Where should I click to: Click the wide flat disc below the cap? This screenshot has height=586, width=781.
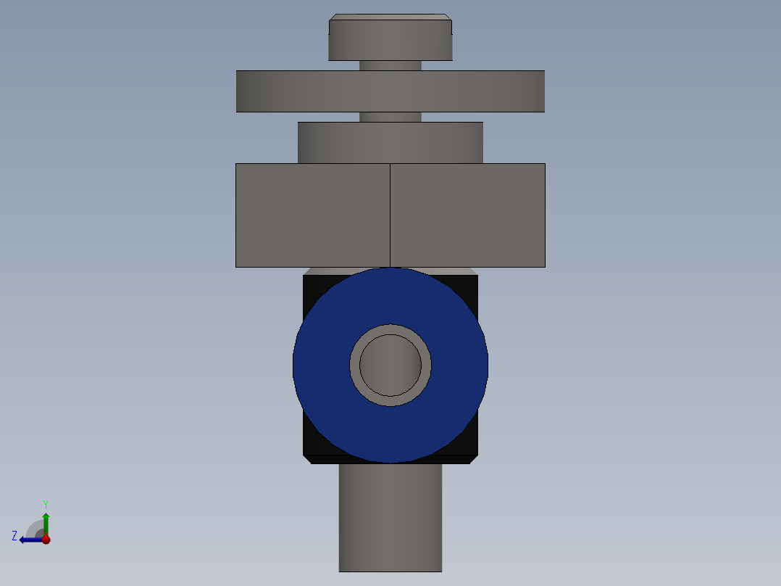390,91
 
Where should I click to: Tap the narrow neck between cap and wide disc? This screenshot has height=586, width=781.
390,65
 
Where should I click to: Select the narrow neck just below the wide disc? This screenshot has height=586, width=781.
390,117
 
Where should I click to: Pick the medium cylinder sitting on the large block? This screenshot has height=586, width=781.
390,143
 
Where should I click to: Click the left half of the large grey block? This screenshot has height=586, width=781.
312,215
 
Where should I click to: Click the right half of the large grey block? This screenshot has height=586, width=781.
468,215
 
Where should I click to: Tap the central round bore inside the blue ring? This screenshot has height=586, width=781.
390,365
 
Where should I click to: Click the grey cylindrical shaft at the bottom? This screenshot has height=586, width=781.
390,519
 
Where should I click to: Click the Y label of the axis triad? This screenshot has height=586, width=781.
45,503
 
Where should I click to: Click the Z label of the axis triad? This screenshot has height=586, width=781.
14,536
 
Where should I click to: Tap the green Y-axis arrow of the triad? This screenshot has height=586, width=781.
46,522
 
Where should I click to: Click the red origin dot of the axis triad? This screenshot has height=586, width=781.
46,540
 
